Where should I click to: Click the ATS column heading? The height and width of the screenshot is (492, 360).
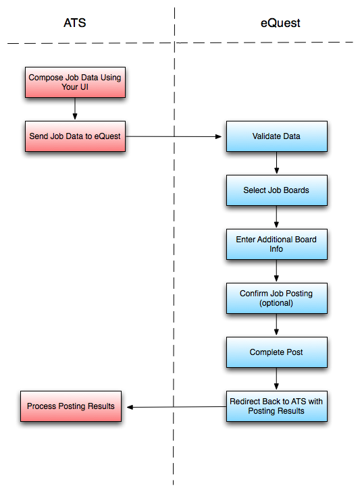pyautogui.click(x=74, y=23)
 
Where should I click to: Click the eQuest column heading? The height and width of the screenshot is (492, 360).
pyautogui.click(x=280, y=23)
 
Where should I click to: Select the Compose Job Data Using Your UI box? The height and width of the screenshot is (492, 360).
pyautogui.click(x=75, y=82)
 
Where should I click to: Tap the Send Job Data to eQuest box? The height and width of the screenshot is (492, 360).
pyautogui.click(x=75, y=136)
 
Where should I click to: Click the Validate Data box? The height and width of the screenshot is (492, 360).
pyautogui.click(x=276, y=136)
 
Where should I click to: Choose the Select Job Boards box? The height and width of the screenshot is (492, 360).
pyautogui.click(x=276, y=190)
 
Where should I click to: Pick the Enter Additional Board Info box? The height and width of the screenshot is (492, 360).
pyautogui.click(x=276, y=244)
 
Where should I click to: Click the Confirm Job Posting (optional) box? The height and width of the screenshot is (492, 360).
pyautogui.click(x=276, y=298)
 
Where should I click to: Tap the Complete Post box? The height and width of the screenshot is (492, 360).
pyautogui.click(x=276, y=352)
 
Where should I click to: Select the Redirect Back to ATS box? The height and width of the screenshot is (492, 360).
pyautogui.click(x=276, y=406)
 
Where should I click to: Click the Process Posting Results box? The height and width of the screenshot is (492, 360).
pyautogui.click(x=71, y=406)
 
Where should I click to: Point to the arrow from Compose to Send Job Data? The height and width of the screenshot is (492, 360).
pyautogui.click(x=75, y=109)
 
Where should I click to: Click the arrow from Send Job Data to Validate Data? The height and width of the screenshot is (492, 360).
pyautogui.click(x=176, y=136)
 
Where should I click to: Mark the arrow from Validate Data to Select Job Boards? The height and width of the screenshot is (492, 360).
pyautogui.click(x=276, y=163)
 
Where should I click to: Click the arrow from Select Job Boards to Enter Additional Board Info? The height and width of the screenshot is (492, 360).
pyautogui.click(x=276, y=217)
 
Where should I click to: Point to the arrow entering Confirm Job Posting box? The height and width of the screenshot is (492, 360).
pyautogui.click(x=276, y=271)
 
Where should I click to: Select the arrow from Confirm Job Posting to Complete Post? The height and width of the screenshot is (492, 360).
pyautogui.click(x=276, y=325)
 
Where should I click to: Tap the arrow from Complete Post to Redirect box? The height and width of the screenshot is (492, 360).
pyautogui.click(x=276, y=379)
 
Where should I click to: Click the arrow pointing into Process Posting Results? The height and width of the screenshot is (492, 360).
pyautogui.click(x=176, y=407)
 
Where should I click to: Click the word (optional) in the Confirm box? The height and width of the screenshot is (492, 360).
pyautogui.click(x=276, y=303)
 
